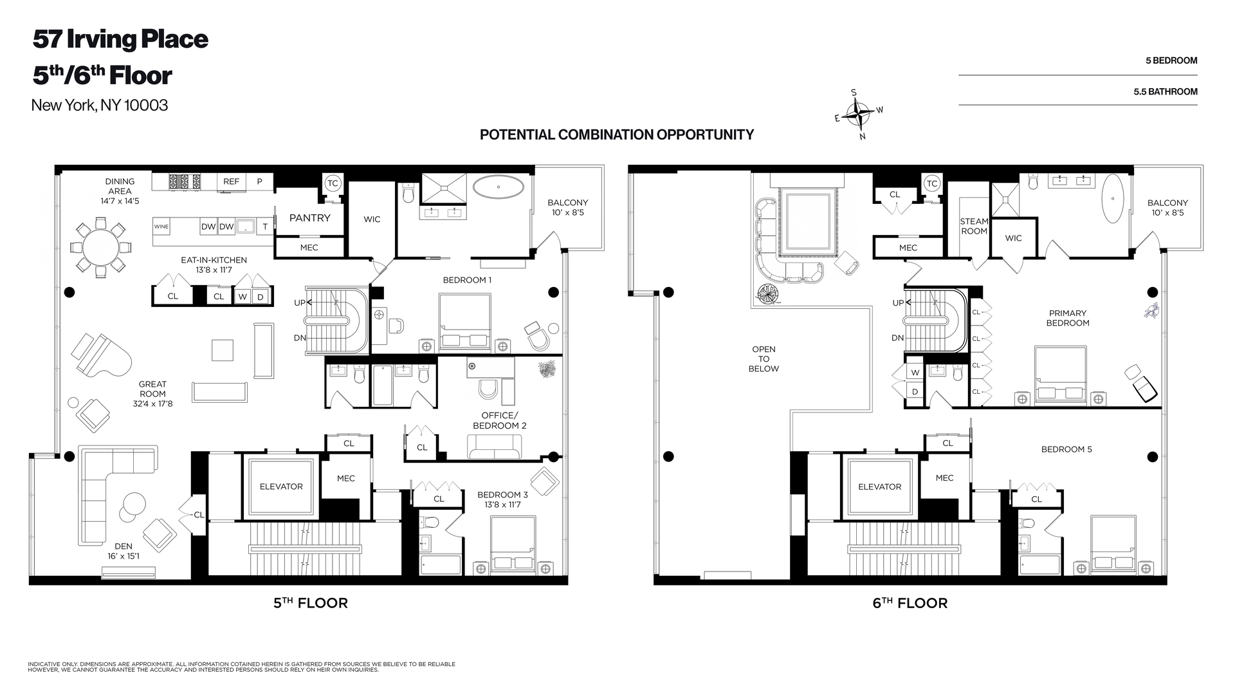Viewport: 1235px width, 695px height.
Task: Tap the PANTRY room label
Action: tap(309, 218)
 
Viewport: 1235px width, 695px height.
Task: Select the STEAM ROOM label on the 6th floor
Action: tap(974, 226)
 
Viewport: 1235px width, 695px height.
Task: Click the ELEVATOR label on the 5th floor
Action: tap(281, 486)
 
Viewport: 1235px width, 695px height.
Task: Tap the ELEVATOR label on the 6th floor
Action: tap(880, 486)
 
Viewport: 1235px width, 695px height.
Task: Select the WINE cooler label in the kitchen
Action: tap(161, 227)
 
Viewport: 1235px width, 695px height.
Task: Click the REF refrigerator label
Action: tap(231, 181)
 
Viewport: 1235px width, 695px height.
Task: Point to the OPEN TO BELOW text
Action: tap(764, 359)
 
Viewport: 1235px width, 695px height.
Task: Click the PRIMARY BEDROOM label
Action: tap(1068, 318)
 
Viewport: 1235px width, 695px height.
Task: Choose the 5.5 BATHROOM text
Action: tap(1166, 92)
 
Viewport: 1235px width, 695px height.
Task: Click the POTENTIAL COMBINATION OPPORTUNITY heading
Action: tap(617, 134)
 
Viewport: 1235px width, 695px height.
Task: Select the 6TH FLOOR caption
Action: tap(910, 603)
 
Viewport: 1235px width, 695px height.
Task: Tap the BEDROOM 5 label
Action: tap(1066, 449)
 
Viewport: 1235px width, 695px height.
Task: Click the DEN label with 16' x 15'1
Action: tap(123, 551)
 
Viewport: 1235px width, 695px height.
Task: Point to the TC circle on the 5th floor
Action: tap(333, 183)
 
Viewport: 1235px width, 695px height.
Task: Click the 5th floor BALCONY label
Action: tap(568, 207)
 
